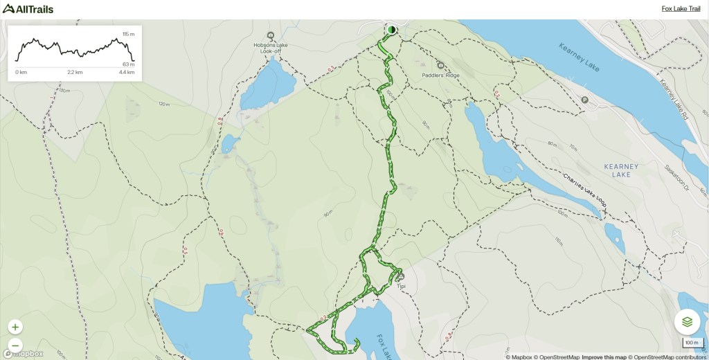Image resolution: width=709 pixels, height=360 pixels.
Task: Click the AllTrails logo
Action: [x=28, y=9]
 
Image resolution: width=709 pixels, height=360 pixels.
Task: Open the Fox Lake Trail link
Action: [x=681, y=9]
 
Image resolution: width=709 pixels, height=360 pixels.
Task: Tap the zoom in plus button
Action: [x=15, y=327]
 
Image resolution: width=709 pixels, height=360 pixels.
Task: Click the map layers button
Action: [x=687, y=321]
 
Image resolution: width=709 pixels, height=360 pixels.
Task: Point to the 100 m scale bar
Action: [x=691, y=343]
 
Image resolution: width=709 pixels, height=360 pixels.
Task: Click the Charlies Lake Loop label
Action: [x=584, y=190]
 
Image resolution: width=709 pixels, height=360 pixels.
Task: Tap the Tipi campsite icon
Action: [x=400, y=276]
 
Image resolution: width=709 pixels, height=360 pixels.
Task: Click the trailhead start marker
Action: [x=391, y=30]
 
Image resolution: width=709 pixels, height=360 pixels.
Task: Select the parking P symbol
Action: [x=585, y=100]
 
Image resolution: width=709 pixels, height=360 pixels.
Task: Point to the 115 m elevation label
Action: [x=128, y=34]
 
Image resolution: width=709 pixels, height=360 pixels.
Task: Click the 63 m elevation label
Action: [x=128, y=64]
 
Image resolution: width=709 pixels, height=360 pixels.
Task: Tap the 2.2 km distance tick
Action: [x=75, y=72]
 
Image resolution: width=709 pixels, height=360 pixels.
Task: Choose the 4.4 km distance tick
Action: [x=126, y=72]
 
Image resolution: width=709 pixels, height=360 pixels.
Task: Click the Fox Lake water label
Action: [x=385, y=346]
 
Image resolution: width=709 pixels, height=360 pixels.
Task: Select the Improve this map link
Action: [x=604, y=357]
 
